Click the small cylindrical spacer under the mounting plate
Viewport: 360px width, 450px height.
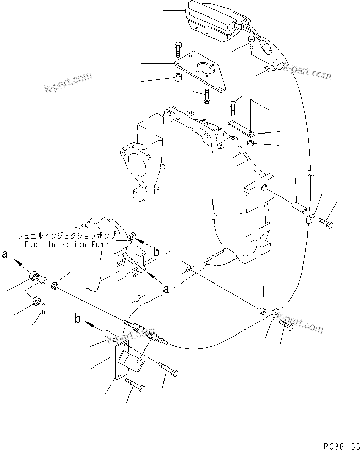click(177, 80)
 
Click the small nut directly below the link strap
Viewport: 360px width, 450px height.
click(250, 143)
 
